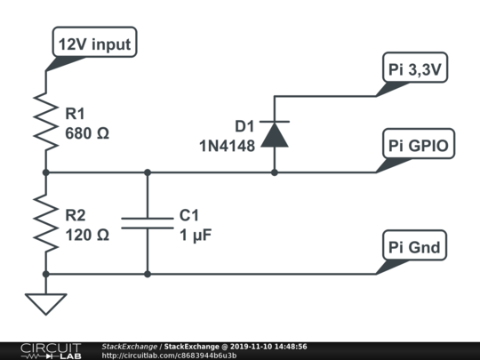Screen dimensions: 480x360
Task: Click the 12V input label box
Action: (x=94, y=42)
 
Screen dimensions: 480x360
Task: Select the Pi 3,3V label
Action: (x=415, y=68)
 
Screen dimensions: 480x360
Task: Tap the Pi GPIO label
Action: (x=419, y=144)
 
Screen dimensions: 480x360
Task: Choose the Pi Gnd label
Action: (x=414, y=245)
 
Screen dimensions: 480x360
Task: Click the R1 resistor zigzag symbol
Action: (x=46, y=123)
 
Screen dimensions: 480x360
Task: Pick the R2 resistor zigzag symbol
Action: (x=46, y=223)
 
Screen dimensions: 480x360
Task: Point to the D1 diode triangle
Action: (x=275, y=135)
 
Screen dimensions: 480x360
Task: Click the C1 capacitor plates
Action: (x=148, y=223)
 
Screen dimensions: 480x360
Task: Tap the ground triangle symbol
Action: (x=46, y=304)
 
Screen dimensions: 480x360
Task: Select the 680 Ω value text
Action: (x=87, y=133)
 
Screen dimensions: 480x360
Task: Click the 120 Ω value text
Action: (x=87, y=235)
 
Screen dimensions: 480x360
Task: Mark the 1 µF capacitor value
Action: (x=196, y=236)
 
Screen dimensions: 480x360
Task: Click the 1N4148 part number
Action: (x=228, y=146)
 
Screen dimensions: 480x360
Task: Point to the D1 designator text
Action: (x=244, y=126)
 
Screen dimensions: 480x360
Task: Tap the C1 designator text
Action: (x=188, y=215)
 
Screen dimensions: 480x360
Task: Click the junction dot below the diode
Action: (x=275, y=172)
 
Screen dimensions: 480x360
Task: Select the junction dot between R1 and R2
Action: (x=46, y=172)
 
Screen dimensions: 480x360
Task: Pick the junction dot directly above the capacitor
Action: (x=148, y=172)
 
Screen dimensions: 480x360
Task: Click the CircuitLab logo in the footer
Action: (x=51, y=351)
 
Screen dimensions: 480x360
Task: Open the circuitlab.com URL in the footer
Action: (x=169, y=356)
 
